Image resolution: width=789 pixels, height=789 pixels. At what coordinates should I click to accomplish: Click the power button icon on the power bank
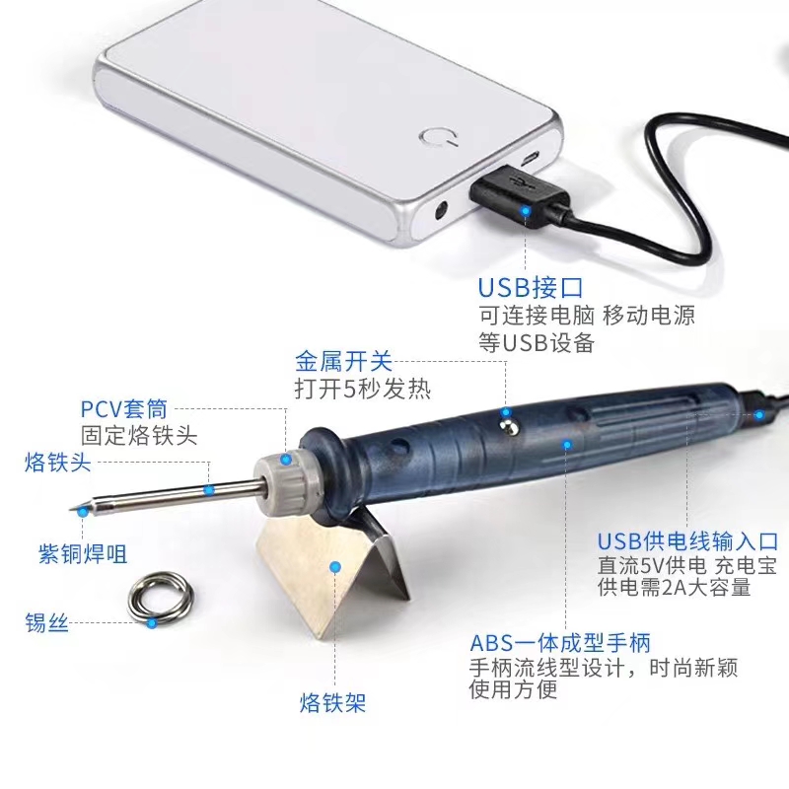pos(439,136)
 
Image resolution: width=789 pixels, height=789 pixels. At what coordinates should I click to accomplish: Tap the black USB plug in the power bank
pos(519,197)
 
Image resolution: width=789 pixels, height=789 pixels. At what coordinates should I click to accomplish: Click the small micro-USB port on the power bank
pos(529,159)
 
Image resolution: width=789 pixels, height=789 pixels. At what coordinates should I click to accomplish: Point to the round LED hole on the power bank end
pos(441,211)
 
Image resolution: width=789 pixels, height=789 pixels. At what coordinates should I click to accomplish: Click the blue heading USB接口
pos(531,288)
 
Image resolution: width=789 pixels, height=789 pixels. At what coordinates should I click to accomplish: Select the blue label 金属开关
pos(343,361)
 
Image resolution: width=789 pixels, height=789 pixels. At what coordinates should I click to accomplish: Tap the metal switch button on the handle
pos(506,424)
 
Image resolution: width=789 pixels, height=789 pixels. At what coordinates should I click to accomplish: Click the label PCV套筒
pos(124,408)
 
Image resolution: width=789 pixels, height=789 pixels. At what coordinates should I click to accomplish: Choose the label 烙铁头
pos(57,462)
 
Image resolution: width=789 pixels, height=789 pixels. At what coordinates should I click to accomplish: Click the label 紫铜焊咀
pos(83,553)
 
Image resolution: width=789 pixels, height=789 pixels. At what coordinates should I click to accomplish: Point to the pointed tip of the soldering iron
pos(70,510)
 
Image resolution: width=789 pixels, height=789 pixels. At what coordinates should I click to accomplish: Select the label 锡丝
pos(46,622)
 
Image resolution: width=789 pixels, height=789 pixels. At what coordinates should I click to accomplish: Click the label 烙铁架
pos(332,702)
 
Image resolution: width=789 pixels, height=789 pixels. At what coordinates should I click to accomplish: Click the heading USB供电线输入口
pos(687,541)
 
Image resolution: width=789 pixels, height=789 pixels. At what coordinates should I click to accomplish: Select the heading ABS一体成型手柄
pos(560,643)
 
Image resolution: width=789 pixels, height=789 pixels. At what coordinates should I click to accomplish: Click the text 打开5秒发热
pos(362,389)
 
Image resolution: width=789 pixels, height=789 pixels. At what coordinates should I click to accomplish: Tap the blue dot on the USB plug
pos(526,210)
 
